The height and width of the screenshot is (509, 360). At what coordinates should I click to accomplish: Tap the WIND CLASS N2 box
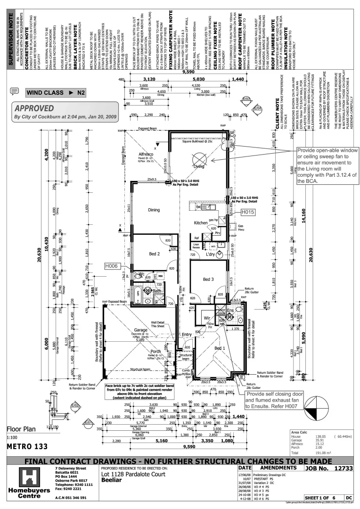tap(55, 92)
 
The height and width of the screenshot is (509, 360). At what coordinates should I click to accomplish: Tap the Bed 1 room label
tap(220, 348)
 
